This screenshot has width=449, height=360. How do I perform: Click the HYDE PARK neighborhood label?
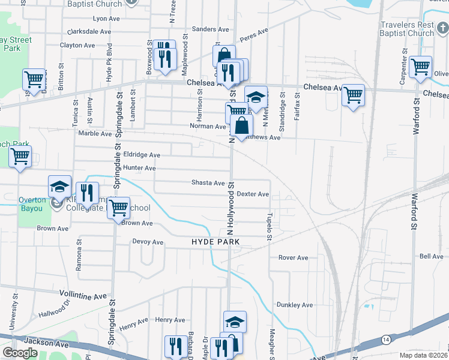[x=215, y=242]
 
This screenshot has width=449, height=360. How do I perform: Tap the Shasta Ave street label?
[x=208, y=183]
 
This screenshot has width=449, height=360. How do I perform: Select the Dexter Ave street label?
[x=253, y=194]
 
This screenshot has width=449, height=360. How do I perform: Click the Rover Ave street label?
[x=293, y=258]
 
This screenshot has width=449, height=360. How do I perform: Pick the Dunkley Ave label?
[x=295, y=305]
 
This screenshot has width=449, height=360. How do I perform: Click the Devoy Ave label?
[x=148, y=242]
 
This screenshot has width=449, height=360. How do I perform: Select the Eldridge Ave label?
[x=142, y=155]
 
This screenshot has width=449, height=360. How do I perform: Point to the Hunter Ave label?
[x=139, y=169]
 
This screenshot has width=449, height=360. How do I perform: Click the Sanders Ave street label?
[x=211, y=29]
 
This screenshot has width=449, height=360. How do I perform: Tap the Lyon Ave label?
[x=103, y=19]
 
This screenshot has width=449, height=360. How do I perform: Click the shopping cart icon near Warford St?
[x=420, y=67]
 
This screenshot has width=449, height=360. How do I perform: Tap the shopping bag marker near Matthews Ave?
[x=241, y=126]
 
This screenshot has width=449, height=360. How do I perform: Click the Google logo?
[x=20, y=353]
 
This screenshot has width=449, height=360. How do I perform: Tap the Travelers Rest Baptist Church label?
[x=407, y=29]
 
